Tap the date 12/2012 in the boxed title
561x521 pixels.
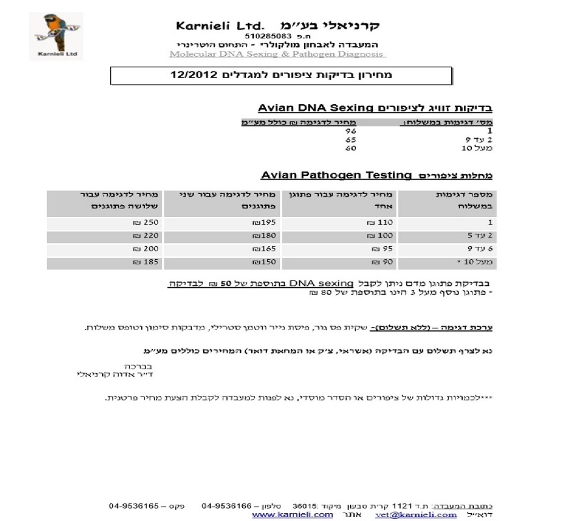coord(193,76)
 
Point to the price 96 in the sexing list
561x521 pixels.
coord(350,130)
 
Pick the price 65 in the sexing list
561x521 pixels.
coord(350,139)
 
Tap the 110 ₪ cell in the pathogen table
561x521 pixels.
coord(379,222)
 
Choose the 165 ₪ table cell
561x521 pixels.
coord(260,249)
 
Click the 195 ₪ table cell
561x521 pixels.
coord(260,222)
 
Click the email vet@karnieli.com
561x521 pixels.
coord(428,514)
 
